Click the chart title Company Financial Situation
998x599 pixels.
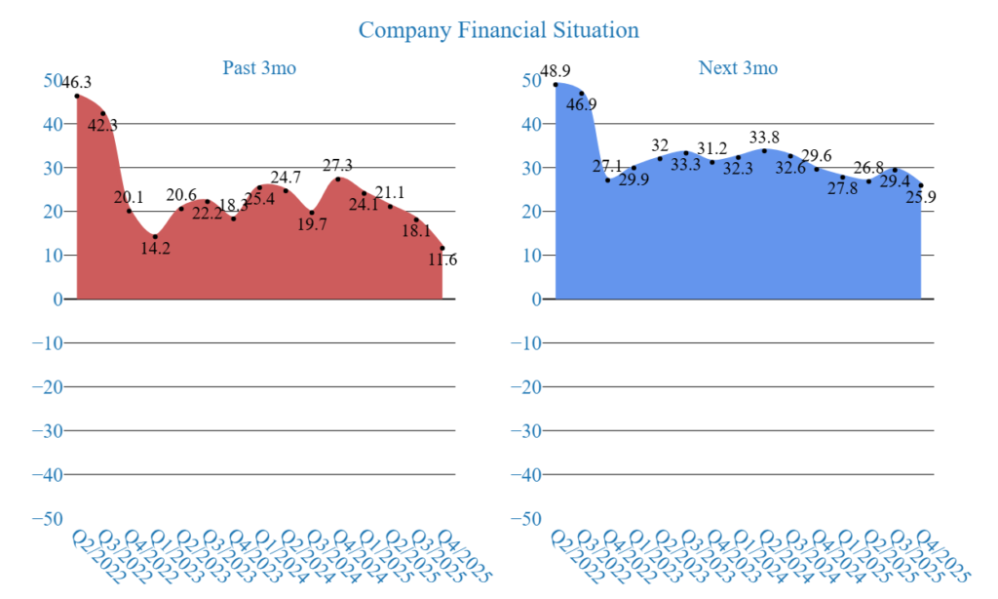pos(498,30)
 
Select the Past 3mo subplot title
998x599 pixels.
pos(258,68)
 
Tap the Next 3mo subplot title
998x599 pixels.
pos(738,68)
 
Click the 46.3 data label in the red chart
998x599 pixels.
pos(76,83)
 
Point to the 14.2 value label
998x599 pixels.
pos(154,248)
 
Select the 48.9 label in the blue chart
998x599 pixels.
pos(555,71)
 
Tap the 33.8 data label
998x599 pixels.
pos(764,137)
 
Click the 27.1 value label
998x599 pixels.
pos(608,167)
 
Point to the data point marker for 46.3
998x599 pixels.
pos(77,96)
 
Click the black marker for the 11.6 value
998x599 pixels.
pos(441,248)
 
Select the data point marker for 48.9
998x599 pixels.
pos(556,84)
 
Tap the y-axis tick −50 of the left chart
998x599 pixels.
pos(49,519)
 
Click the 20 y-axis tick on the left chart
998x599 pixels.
pos(54,212)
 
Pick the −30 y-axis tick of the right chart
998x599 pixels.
pos(527,431)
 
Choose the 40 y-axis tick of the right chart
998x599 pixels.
pos(532,124)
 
